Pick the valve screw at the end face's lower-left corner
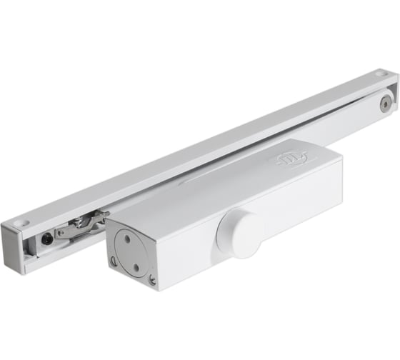coord(114,262)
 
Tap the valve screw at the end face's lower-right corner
coord(151,280)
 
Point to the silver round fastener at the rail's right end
coord(386,104)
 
